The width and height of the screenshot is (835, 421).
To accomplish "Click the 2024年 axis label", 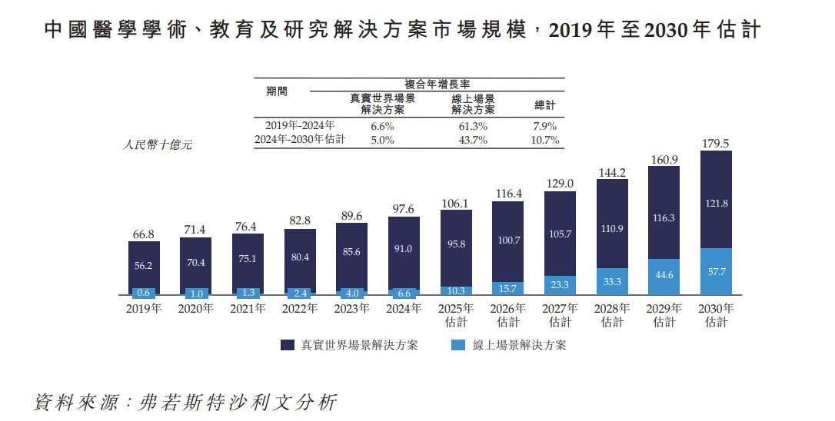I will click(403, 309).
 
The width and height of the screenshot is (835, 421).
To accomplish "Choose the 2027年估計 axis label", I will click(560, 315).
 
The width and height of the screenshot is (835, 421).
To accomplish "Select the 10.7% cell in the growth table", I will click(544, 140).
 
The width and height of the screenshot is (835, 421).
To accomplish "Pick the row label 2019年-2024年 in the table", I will click(300, 126).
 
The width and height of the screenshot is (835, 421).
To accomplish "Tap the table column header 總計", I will click(544, 104).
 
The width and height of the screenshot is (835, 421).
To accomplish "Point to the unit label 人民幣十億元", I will click(158, 144).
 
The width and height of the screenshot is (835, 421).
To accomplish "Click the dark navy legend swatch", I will click(289, 345).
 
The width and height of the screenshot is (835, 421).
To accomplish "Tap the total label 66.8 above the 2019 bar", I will click(144, 234).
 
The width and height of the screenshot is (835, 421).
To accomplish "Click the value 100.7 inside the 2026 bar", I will click(507, 240).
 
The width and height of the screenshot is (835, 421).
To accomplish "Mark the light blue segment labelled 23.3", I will click(560, 285).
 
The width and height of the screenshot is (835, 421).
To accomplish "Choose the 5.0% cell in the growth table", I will click(382, 140).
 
